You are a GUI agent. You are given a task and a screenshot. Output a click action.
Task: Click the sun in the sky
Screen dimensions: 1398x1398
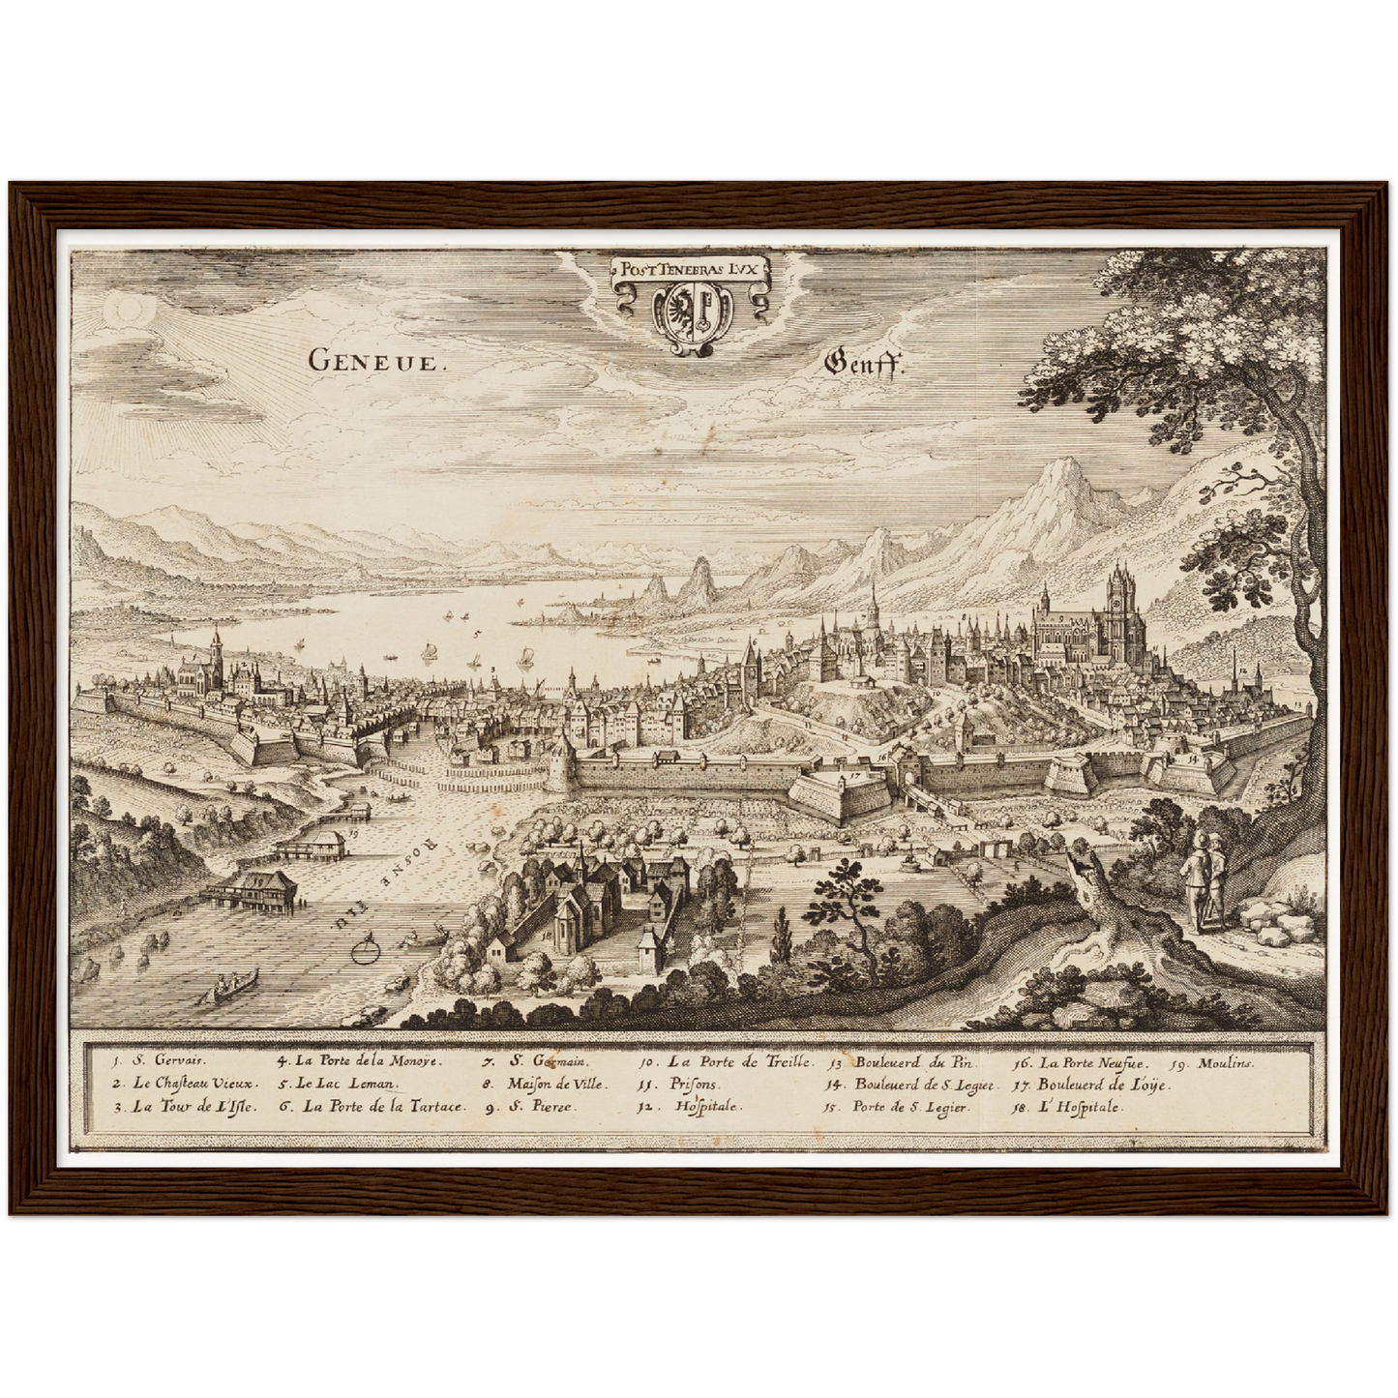(127, 309)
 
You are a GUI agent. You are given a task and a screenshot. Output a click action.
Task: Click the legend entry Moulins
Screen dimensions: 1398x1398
(1225, 1062)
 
